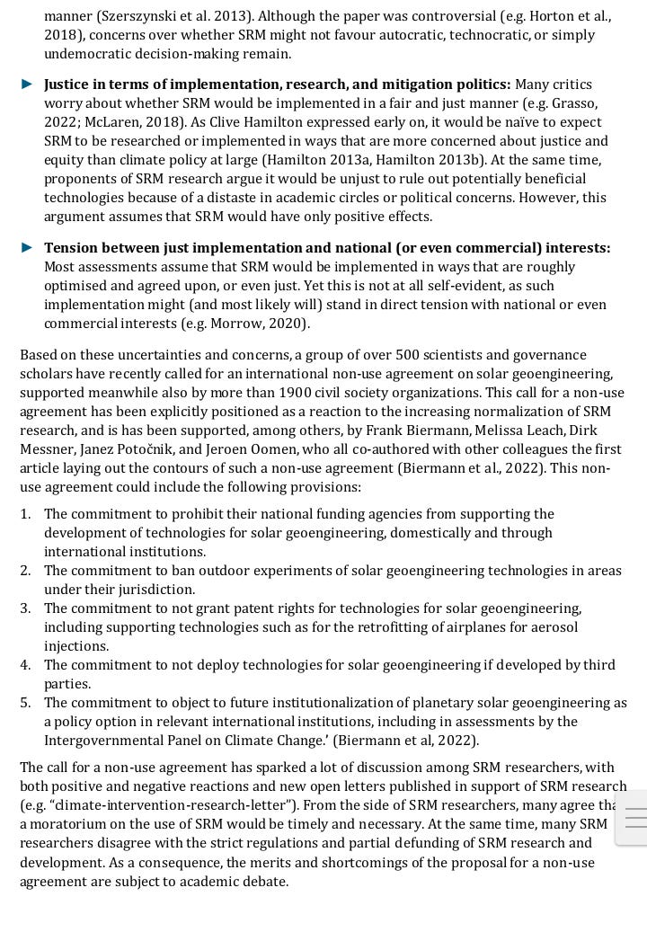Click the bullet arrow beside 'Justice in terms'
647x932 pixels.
tap(28, 84)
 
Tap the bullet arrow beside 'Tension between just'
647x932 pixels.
tap(28, 248)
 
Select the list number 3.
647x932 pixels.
tap(26, 608)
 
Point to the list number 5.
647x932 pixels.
tap(26, 703)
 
